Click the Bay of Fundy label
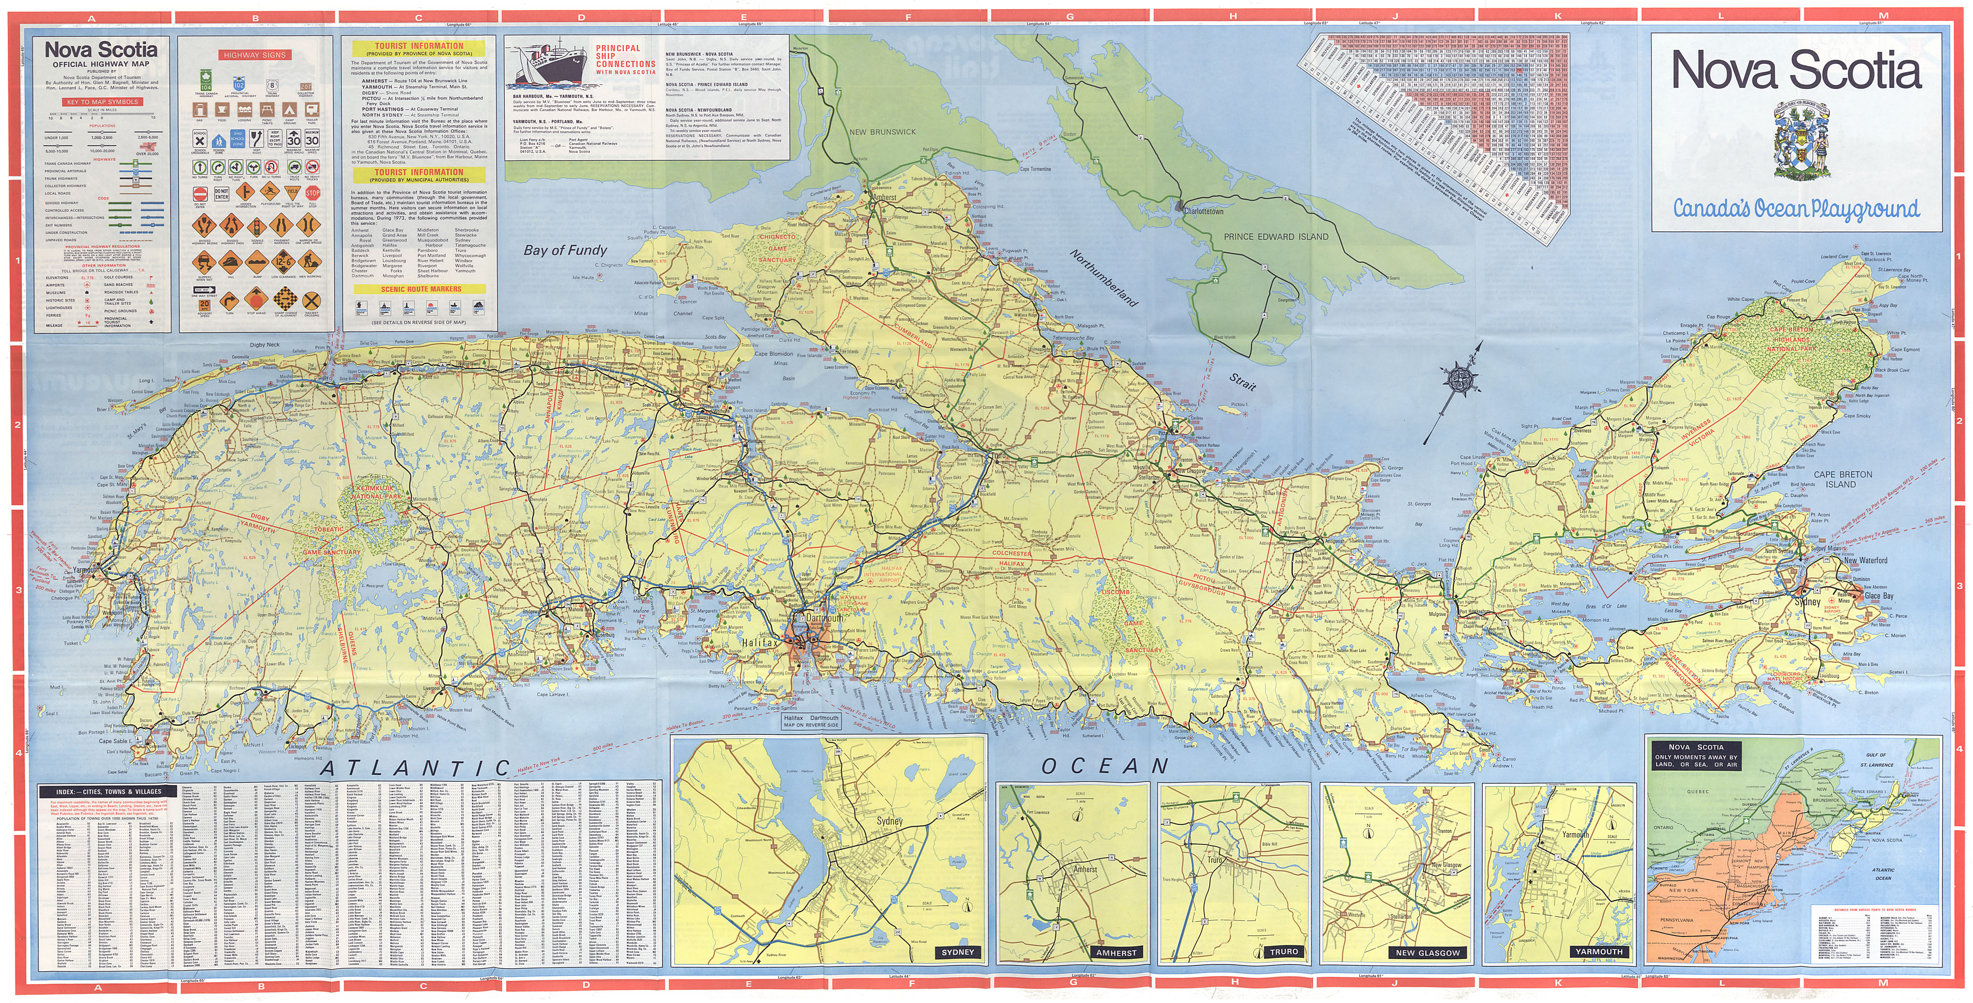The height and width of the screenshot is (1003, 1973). click(565, 250)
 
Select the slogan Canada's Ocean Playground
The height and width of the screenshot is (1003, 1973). click(1795, 208)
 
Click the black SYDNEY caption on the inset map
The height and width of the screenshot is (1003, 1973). click(957, 952)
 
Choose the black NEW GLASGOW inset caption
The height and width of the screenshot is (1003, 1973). click(1428, 952)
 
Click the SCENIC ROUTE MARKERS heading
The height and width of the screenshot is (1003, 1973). click(421, 289)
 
